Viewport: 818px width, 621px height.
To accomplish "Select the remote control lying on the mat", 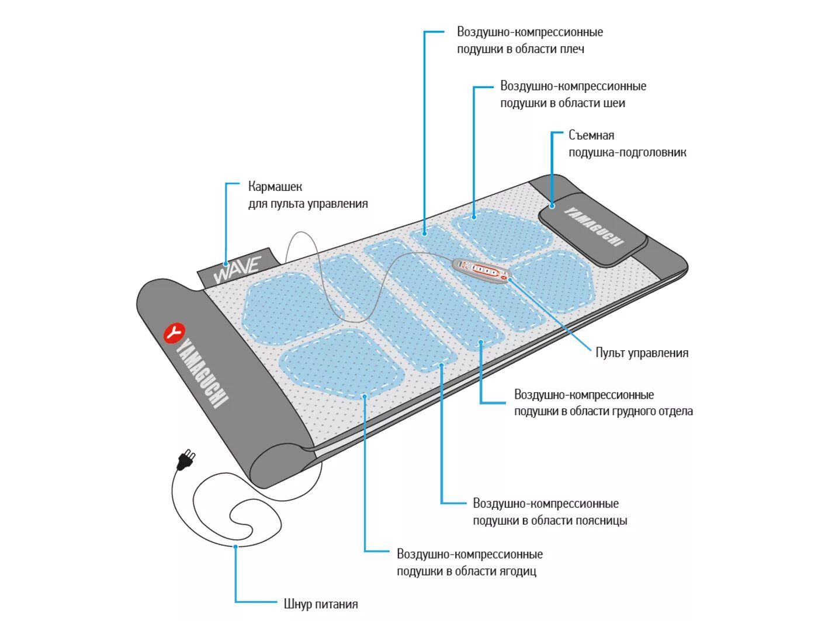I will (x=482, y=270).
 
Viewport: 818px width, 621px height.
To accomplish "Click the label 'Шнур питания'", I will (x=321, y=604).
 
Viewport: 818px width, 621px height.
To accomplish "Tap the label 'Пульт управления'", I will (x=642, y=353).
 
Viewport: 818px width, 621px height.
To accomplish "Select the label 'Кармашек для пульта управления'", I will (x=308, y=195).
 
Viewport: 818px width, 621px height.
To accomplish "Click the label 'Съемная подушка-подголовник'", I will (x=627, y=144).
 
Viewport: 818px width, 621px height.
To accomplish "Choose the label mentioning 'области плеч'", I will (x=529, y=40).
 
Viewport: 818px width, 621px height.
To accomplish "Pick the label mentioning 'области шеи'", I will (x=573, y=95).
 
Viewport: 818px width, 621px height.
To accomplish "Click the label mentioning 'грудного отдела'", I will (x=603, y=403).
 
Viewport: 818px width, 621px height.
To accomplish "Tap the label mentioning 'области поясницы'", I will (x=549, y=512).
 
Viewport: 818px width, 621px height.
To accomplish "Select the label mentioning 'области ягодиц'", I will (x=469, y=562).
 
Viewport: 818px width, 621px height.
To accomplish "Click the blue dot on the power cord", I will (x=235, y=546).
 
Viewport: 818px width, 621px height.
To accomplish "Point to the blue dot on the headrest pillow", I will (x=552, y=205).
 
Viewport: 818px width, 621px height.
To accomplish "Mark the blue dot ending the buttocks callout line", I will (x=364, y=396).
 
